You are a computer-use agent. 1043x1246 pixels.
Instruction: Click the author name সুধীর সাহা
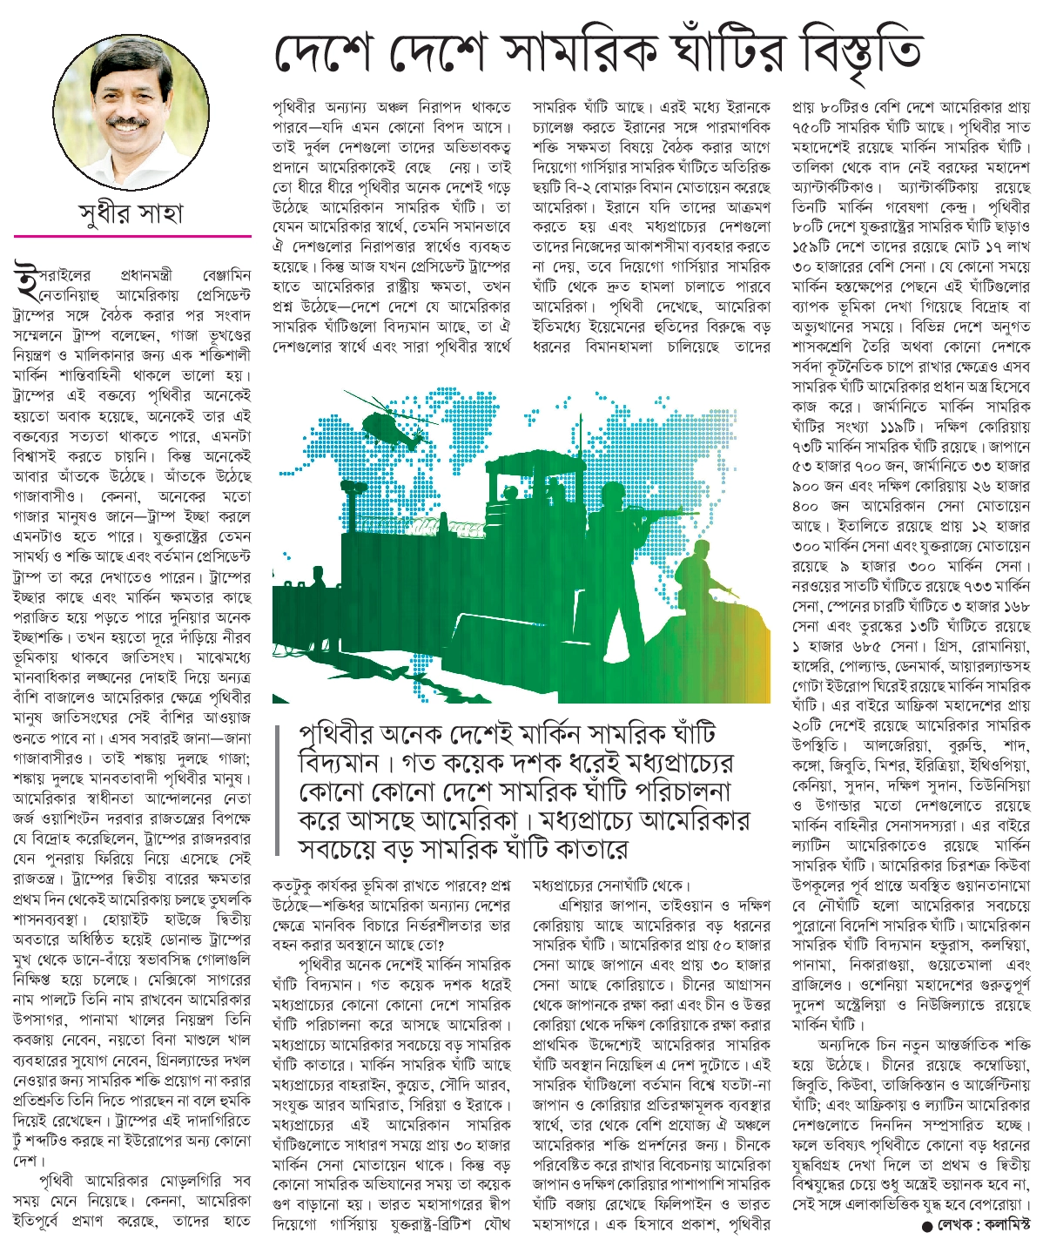click(131, 212)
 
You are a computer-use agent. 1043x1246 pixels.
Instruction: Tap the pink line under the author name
click(131, 236)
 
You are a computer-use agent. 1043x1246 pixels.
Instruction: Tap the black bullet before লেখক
click(926, 1227)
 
